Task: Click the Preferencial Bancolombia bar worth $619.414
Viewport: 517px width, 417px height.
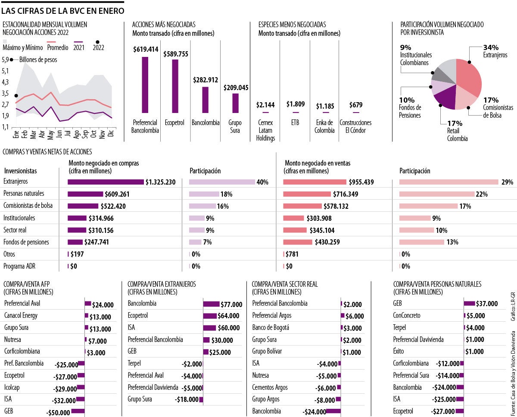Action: coord(145,85)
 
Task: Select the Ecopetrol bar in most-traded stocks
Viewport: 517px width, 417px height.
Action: coord(175,86)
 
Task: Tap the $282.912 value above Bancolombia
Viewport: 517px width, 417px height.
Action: coord(206,80)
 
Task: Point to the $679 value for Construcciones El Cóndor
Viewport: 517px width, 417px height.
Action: coord(356,105)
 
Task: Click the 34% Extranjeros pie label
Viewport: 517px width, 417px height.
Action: coord(490,47)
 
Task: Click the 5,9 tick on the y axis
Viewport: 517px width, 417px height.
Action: coord(6,60)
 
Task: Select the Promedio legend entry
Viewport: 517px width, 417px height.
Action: coord(58,47)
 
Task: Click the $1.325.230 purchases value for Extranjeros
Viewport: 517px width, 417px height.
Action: coord(160,182)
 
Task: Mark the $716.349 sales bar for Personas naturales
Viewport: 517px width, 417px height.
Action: coord(306,194)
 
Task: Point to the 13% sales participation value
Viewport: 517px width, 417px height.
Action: coord(452,242)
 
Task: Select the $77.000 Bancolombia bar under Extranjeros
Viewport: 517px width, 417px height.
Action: coord(211,304)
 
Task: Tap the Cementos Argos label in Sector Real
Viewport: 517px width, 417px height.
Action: coord(270,387)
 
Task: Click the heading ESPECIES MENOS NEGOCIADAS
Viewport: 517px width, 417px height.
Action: coord(292,25)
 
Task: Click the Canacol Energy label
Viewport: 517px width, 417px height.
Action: coord(21,316)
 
